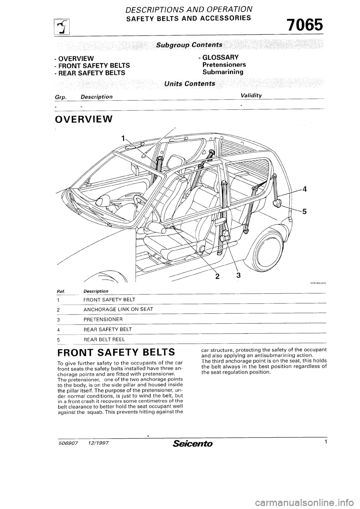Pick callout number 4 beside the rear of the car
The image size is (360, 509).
[304, 189]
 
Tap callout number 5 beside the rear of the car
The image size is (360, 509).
[304, 211]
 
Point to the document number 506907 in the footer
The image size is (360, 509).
[67, 444]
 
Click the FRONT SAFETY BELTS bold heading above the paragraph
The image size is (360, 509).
[115, 353]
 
